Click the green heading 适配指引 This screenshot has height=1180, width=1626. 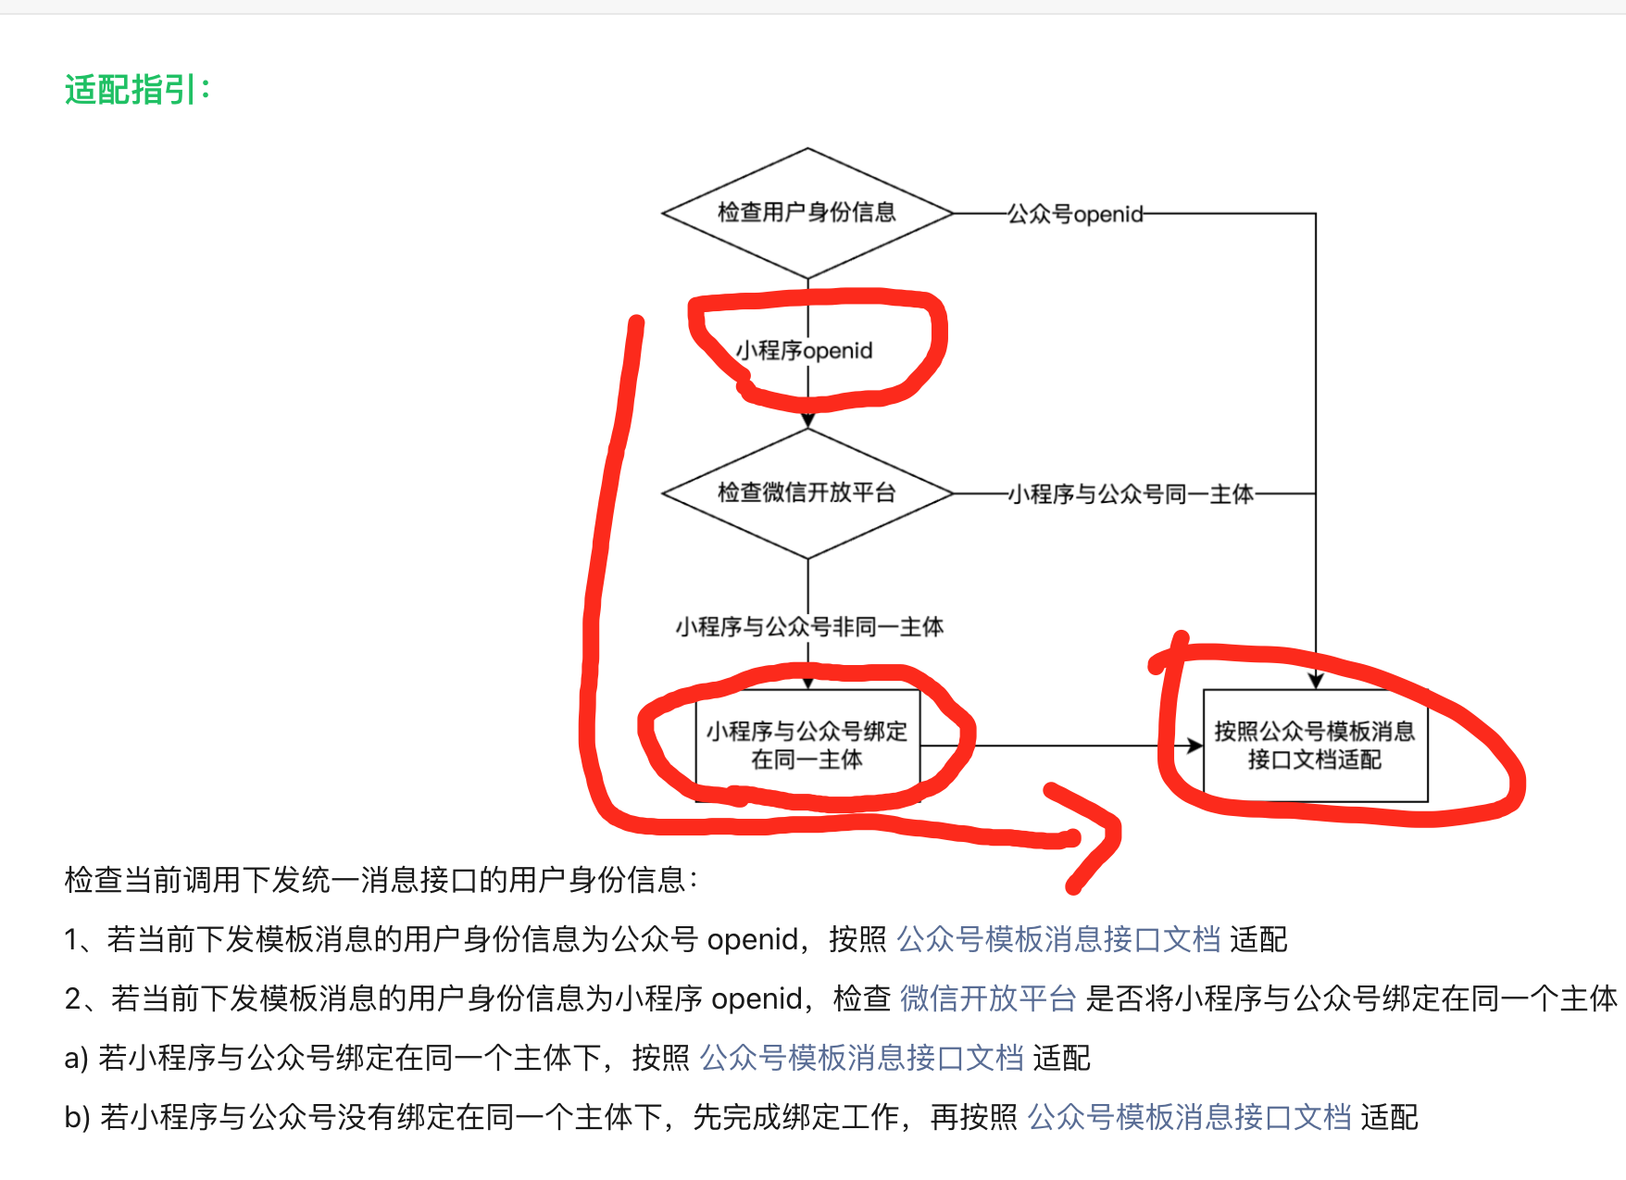137,91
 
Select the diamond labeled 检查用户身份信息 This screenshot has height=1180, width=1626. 807,213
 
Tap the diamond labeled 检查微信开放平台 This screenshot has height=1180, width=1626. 807,493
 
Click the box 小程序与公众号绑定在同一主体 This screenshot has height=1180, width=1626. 807,746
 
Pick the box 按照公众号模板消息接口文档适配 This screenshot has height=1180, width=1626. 1315,746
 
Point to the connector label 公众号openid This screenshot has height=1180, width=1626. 1075,215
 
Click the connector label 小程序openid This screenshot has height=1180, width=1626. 805,351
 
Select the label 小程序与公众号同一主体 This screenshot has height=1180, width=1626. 1131,495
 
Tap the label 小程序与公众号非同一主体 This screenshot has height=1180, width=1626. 809,627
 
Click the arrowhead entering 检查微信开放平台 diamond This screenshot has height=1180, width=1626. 807,421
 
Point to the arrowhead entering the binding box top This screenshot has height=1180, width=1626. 807,683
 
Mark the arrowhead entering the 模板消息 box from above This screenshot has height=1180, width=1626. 1316,682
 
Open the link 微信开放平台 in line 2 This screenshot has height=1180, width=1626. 987,998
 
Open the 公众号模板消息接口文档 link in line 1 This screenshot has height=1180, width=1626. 1058,939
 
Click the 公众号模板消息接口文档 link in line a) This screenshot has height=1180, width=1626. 861,1058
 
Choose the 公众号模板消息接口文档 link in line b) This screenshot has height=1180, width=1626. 1189,1117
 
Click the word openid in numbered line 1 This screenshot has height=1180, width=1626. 752,940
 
